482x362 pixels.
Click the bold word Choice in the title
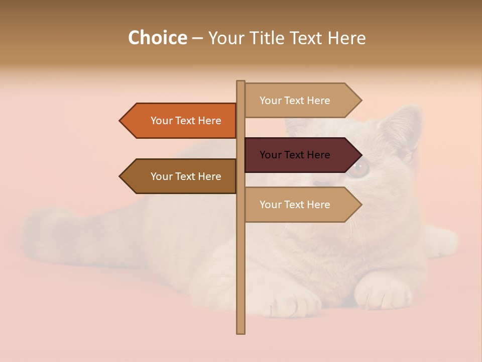point(157,38)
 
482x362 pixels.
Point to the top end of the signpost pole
point(240,82)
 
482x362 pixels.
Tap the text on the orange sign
point(186,121)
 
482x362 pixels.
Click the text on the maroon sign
point(295,155)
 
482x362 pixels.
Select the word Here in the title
point(346,38)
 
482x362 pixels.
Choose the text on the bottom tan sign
point(295,205)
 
